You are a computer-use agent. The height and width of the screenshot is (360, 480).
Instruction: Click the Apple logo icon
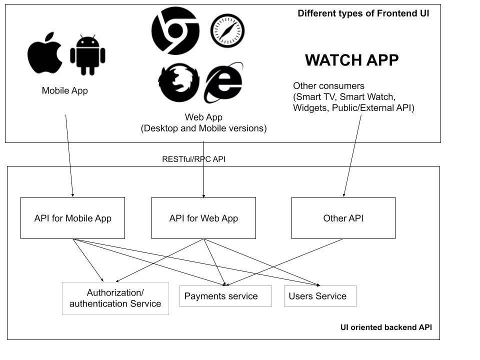tap(44, 53)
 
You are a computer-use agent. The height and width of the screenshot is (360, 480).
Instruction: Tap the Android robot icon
tap(87, 55)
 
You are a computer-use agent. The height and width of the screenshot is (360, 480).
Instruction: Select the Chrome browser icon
tap(175, 31)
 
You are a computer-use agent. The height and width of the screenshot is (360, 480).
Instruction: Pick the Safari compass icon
tap(227, 30)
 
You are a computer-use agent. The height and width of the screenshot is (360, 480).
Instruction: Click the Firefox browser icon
tap(179, 82)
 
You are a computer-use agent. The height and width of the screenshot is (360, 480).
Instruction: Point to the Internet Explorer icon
tap(223, 82)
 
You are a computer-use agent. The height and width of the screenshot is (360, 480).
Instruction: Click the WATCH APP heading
tap(351, 60)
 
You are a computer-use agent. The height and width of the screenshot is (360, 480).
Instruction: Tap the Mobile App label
tap(65, 90)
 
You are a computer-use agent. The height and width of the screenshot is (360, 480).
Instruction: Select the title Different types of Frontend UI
tap(363, 13)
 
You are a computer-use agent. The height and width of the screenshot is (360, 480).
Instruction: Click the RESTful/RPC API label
tap(194, 159)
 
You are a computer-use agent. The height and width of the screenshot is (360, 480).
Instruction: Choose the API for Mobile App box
tap(73, 218)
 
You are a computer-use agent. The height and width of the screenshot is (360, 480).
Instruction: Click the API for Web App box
tap(203, 218)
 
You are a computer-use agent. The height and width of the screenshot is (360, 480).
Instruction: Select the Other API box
tap(343, 218)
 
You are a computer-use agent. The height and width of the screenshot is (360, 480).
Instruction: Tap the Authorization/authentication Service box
tap(115, 298)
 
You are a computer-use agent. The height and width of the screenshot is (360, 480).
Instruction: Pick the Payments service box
tap(225, 296)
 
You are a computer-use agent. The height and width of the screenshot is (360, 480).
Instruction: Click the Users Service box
tap(320, 296)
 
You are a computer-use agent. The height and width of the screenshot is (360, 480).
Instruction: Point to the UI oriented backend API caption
tap(386, 327)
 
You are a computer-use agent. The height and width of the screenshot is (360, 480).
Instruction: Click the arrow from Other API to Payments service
tap(284, 262)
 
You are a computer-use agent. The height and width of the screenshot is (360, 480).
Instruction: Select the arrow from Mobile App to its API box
tap(69, 156)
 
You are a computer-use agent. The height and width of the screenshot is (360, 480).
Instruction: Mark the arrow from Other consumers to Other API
tap(352, 156)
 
